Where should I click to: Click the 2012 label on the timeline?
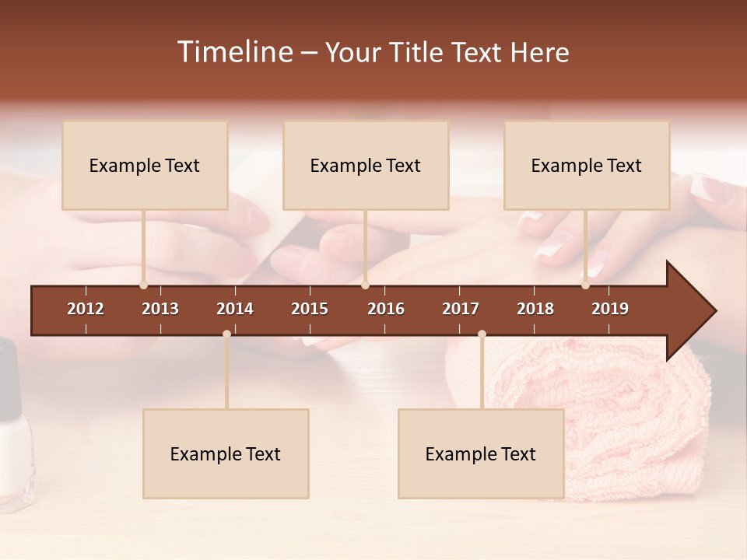click(x=86, y=309)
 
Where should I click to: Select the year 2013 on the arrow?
click(x=160, y=309)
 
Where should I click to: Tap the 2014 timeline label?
click(x=235, y=309)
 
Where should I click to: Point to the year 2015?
click(x=310, y=309)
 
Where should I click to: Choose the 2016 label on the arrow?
click(x=386, y=309)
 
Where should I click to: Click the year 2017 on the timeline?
click(x=461, y=309)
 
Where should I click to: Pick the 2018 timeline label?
click(x=535, y=309)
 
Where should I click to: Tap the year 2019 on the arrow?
click(x=610, y=309)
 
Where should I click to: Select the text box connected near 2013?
click(x=145, y=166)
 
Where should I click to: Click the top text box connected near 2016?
click(x=366, y=166)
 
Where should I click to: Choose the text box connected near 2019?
click(x=587, y=166)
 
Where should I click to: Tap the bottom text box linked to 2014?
click(x=226, y=454)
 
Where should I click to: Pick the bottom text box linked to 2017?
click(x=481, y=454)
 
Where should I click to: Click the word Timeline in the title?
click(x=234, y=52)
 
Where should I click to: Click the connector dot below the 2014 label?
click(x=226, y=334)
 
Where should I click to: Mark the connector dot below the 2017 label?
click(x=482, y=334)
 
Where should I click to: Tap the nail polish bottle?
click(x=13, y=436)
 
